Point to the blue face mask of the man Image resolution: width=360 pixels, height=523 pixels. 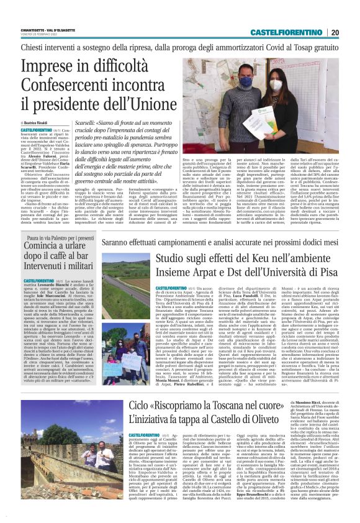245,83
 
